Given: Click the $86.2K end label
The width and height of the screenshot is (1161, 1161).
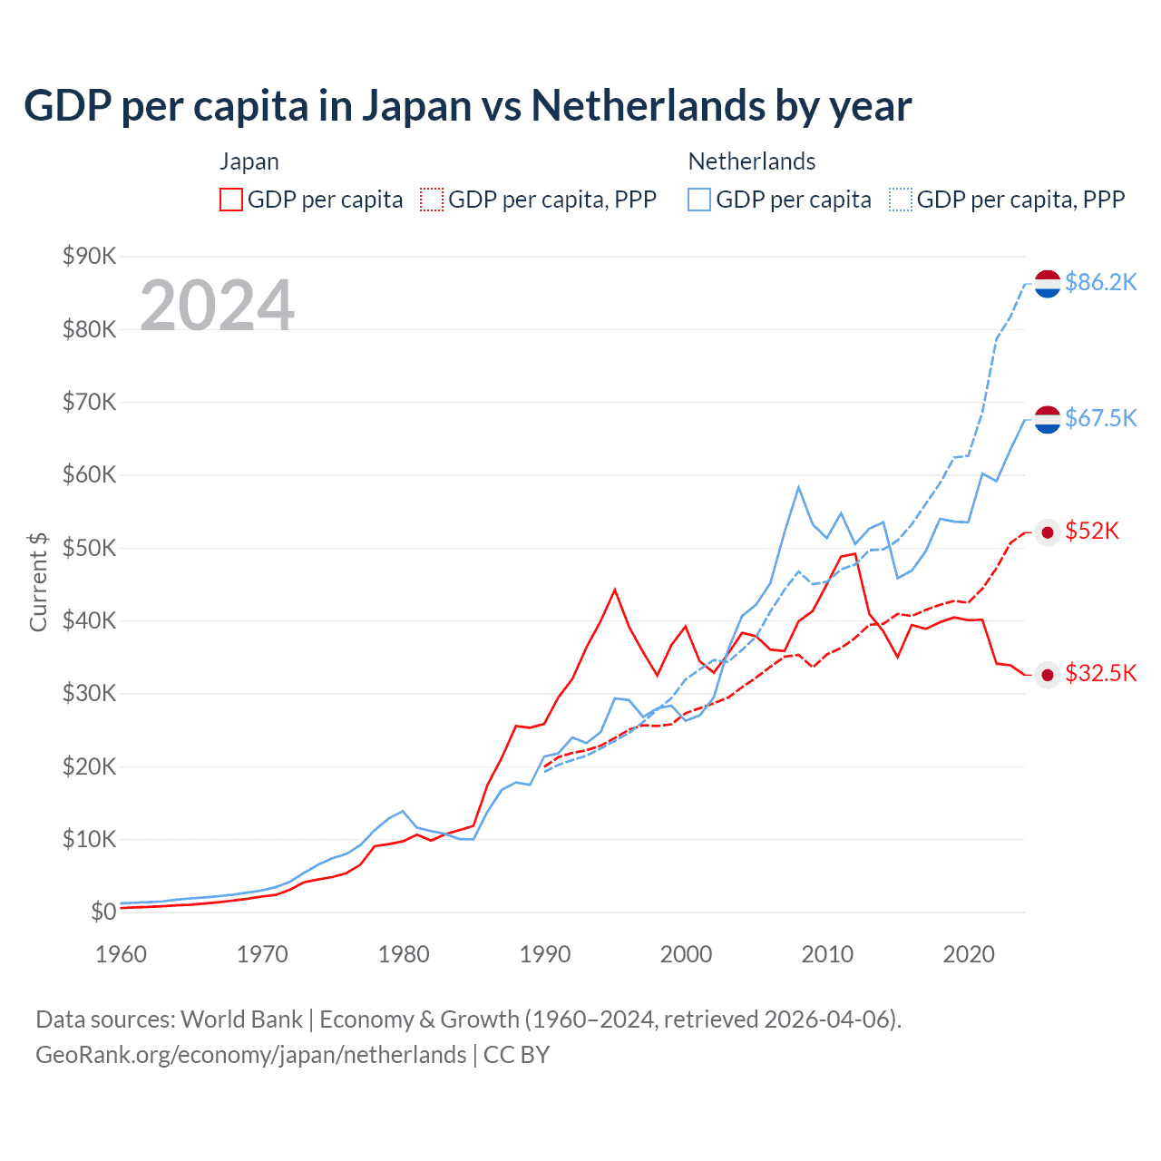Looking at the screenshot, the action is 1100,283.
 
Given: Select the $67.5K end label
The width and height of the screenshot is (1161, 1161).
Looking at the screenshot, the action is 1100,418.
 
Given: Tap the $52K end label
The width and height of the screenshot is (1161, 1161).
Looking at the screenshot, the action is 1092,532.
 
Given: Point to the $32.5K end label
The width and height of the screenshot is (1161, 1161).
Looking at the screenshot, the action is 1100,673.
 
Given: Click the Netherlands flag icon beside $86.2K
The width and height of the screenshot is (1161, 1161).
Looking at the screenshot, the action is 1048,283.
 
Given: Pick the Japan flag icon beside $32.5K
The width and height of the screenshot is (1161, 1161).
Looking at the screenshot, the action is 1048,674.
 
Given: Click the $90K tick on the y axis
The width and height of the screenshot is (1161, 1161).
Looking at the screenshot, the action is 89,256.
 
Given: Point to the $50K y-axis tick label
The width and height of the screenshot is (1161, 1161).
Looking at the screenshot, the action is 89,548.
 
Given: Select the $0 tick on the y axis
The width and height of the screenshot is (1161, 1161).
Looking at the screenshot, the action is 103,912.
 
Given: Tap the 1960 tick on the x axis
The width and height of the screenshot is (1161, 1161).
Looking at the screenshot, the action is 121,954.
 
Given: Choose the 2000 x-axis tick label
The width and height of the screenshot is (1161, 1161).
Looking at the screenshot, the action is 687,954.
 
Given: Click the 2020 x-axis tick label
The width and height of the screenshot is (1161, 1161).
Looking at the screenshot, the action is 969,954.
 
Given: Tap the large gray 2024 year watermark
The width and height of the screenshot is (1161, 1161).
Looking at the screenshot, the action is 217,306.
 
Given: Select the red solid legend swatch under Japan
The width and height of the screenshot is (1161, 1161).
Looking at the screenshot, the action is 231,200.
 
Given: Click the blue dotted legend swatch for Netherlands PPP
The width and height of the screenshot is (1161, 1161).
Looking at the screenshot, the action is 901,200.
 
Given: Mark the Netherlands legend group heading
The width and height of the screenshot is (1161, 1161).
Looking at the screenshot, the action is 752,161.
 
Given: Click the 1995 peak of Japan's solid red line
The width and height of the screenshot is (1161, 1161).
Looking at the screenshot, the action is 615,590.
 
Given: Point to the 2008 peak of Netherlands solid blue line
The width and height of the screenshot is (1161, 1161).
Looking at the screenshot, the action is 798,487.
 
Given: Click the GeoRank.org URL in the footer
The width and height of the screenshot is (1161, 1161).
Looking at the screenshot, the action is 250,1055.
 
